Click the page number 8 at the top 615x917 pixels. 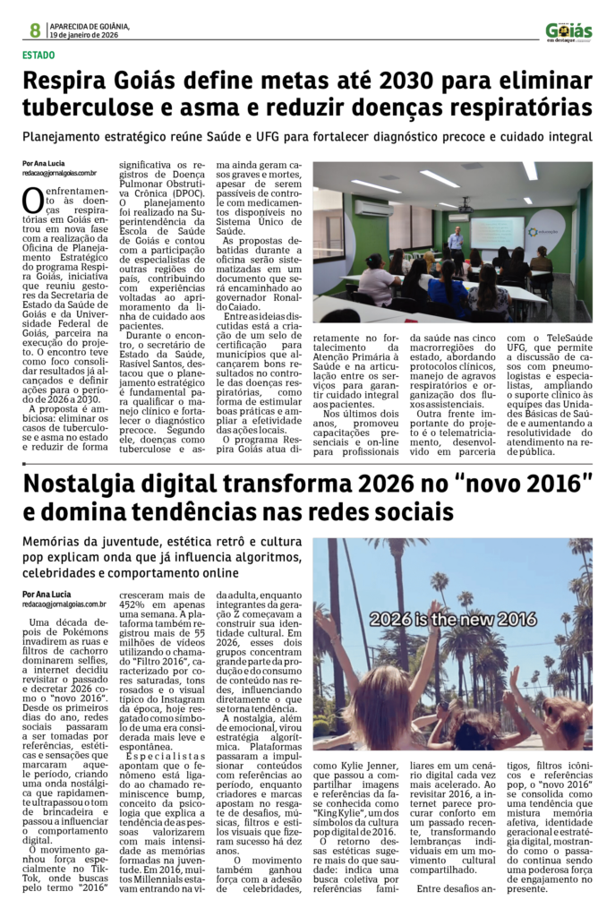click(x=34, y=30)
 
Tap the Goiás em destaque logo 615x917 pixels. click(x=568, y=31)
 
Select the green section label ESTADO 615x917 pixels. click(x=39, y=56)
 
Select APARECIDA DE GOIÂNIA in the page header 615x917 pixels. click(x=90, y=25)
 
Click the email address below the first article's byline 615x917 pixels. click(x=59, y=173)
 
